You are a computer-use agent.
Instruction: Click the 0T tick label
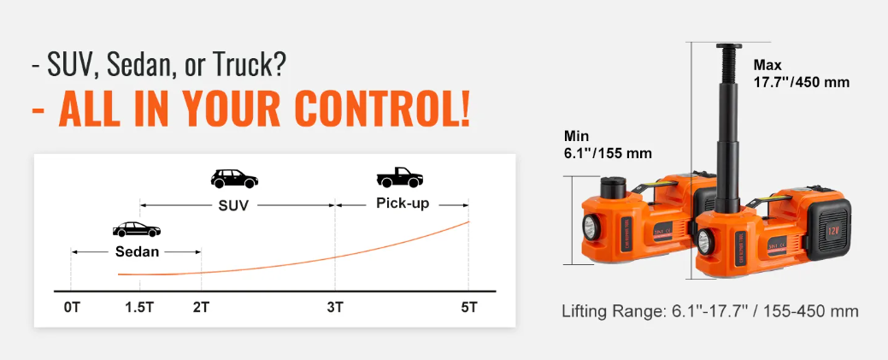pyautogui.click(x=72, y=308)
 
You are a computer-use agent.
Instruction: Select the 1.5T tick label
pyautogui.click(x=139, y=308)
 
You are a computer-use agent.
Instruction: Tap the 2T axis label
pyautogui.click(x=201, y=308)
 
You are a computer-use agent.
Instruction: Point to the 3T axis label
pyautogui.click(x=335, y=308)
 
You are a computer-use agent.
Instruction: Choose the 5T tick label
pyautogui.click(x=469, y=308)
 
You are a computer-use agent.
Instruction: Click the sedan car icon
pyautogui.click(x=137, y=229)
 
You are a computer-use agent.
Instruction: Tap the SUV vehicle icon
pyautogui.click(x=234, y=179)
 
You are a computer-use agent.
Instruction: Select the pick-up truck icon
pyautogui.click(x=400, y=178)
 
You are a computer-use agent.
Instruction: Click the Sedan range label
pyautogui.click(x=137, y=251)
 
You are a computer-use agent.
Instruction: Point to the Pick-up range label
pyautogui.click(x=403, y=203)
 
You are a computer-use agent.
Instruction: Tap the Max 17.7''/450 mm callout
pyautogui.click(x=802, y=74)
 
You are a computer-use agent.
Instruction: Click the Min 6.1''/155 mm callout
pyautogui.click(x=608, y=145)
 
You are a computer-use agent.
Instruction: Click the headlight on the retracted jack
pyautogui.click(x=591, y=228)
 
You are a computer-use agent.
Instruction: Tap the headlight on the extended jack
pyautogui.click(x=705, y=241)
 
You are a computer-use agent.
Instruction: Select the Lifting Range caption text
pyautogui.click(x=710, y=311)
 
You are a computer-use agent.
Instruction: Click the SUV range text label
pyautogui.click(x=233, y=205)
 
